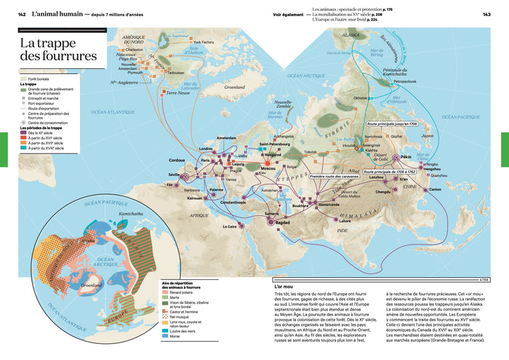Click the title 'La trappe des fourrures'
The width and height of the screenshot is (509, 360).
coord(57,49)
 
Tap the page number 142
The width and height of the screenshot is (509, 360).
coord(22,15)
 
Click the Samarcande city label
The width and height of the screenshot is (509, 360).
coord(329,203)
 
